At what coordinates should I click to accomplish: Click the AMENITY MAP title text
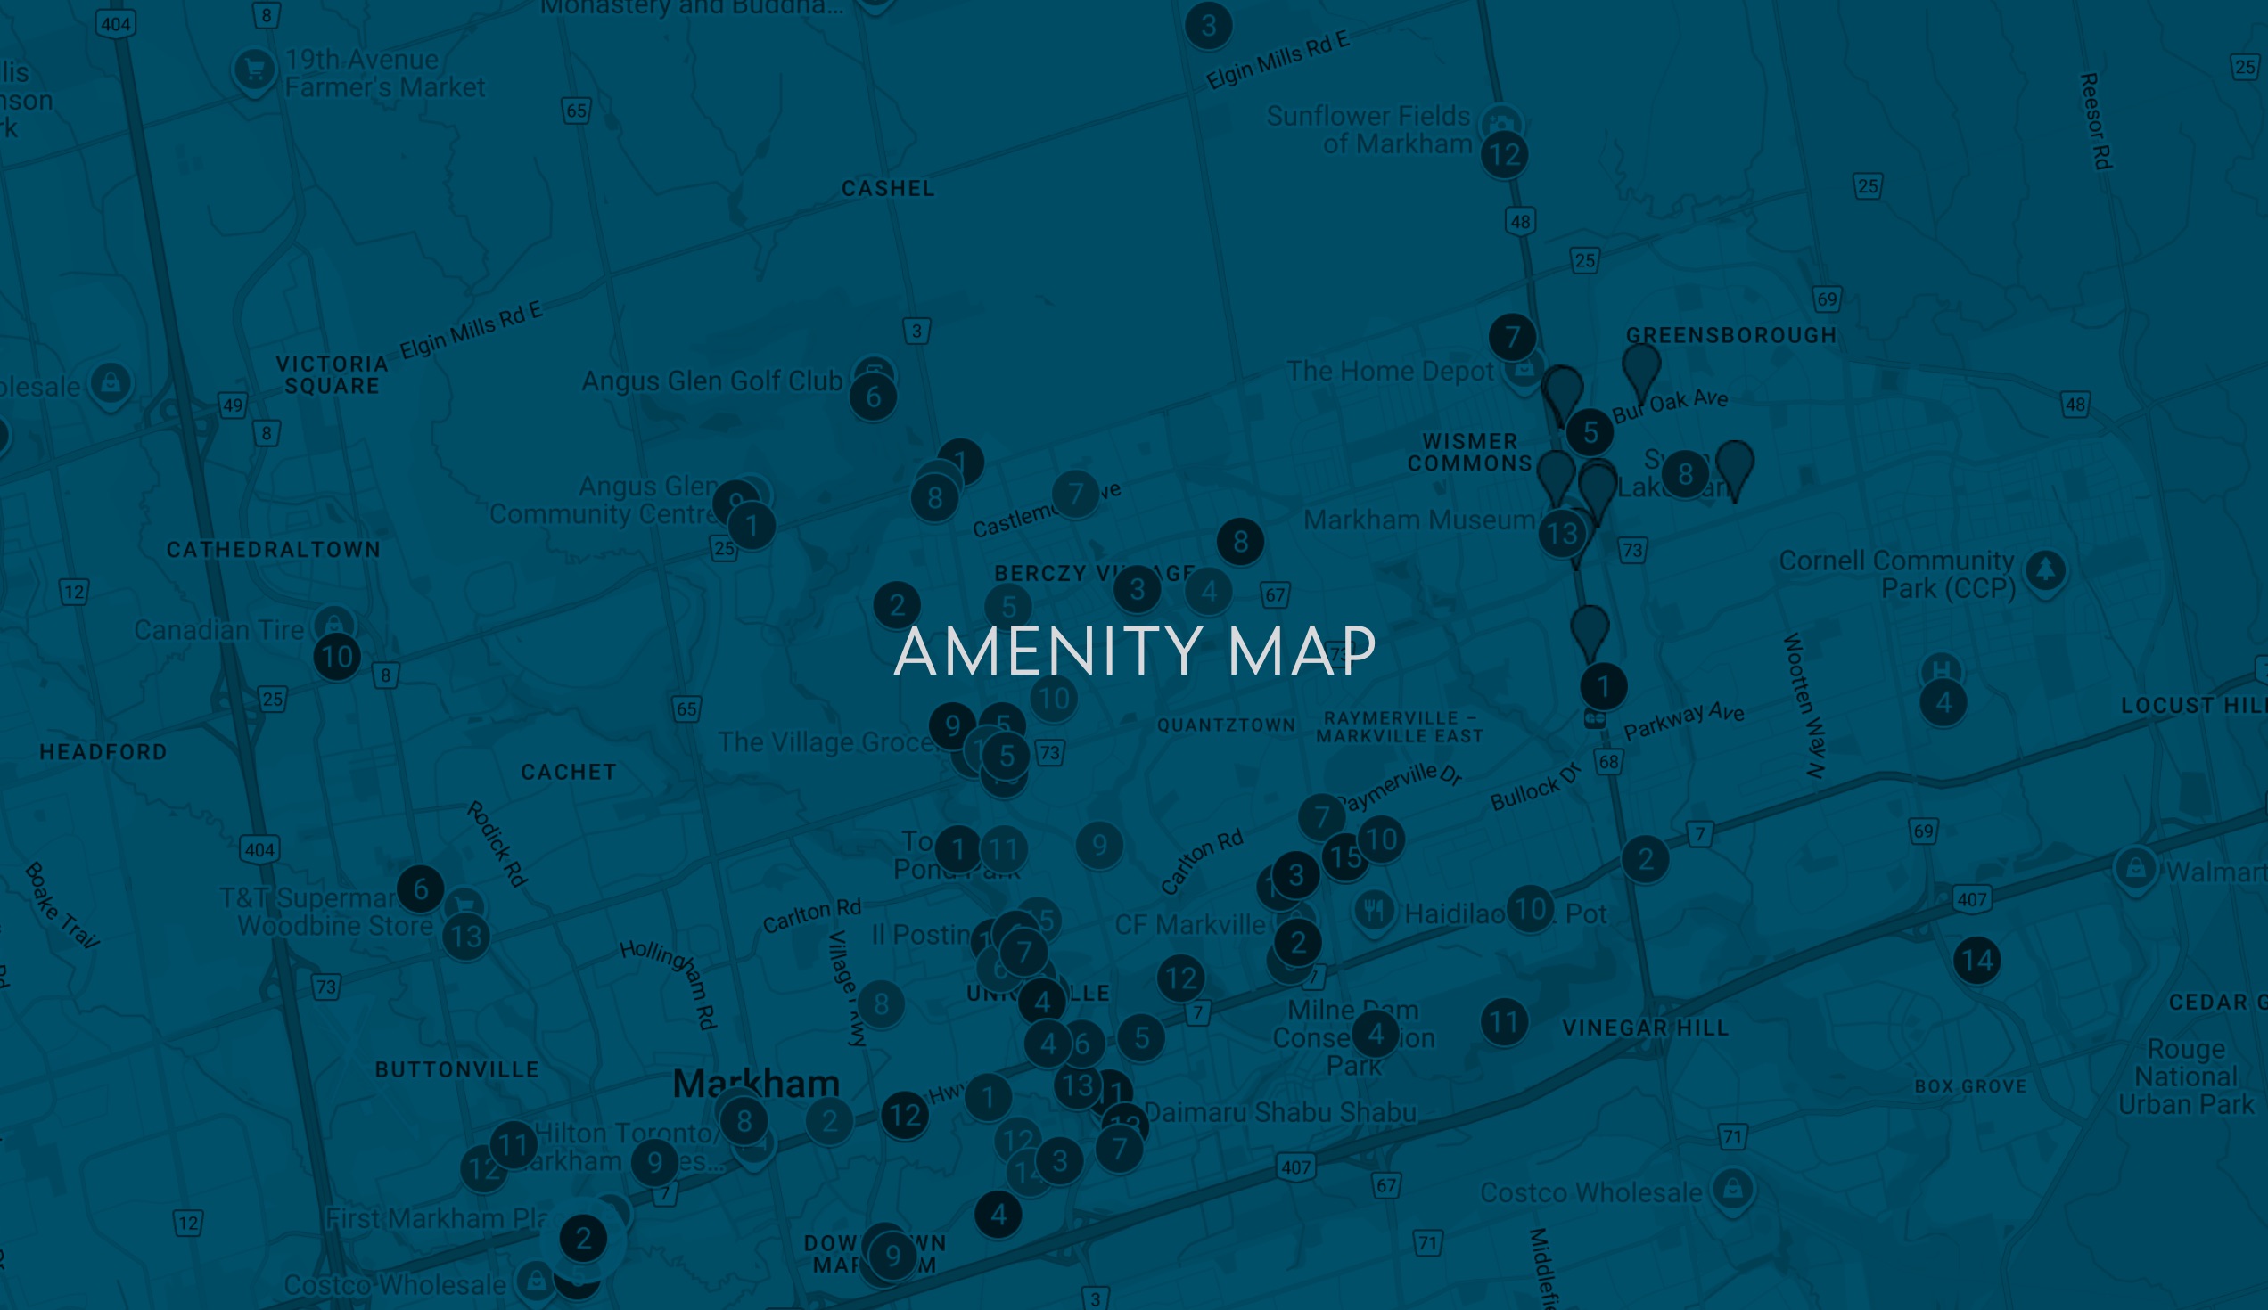[1134, 651]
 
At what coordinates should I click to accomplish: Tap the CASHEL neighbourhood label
[887, 188]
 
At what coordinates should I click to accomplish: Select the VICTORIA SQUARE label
[333, 375]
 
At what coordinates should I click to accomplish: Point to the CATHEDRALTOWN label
[274, 550]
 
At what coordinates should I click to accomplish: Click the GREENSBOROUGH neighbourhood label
[1730, 336]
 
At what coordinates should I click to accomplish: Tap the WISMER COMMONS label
[1470, 453]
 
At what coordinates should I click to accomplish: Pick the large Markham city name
[755, 1084]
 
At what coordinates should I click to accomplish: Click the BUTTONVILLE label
[456, 1069]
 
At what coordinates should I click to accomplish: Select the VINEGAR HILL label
[1645, 1028]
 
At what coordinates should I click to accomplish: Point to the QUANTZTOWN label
[1226, 725]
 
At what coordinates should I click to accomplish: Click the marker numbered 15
[1344, 856]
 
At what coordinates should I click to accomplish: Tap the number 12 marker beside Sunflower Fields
[1504, 155]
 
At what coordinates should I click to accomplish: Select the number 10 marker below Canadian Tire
[338, 657]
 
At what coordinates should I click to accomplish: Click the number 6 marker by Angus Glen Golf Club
[873, 397]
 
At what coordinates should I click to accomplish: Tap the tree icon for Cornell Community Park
[2046, 569]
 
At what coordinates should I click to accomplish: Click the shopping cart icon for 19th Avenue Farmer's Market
[254, 69]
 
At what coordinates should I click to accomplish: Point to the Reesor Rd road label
[2097, 120]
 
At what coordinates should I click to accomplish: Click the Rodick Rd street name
[497, 844]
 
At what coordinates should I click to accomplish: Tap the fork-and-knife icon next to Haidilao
[1374, 912]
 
